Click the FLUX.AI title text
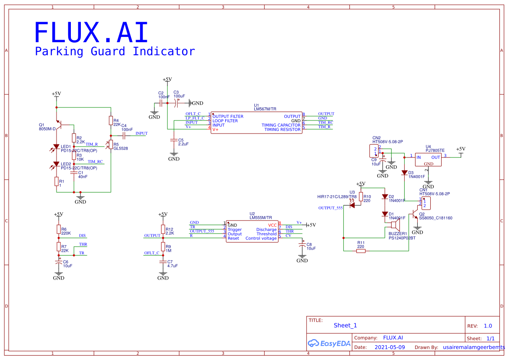pyautogui.click(x=91, y=33)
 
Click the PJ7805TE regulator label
pyautogui.click(x=435, y=150)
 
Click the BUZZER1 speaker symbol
pyautogui.click(x=394, y=225)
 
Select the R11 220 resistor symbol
pyautogui.click(x=361, y=250)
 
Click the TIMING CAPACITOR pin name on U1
pyautogui.click(x=281, y=125)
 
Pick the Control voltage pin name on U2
pyautogui.click(x=261, y=238)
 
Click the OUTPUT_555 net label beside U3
pyautogui.click(x=331, y=208)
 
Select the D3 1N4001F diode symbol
pyautogui.click(x=404, y=173)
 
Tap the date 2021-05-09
pyautogui.click(x=389, y=347)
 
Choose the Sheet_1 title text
pyautogui.click(x=345, y=325)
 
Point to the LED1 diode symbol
pyautogui.click(x=56, y=147)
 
